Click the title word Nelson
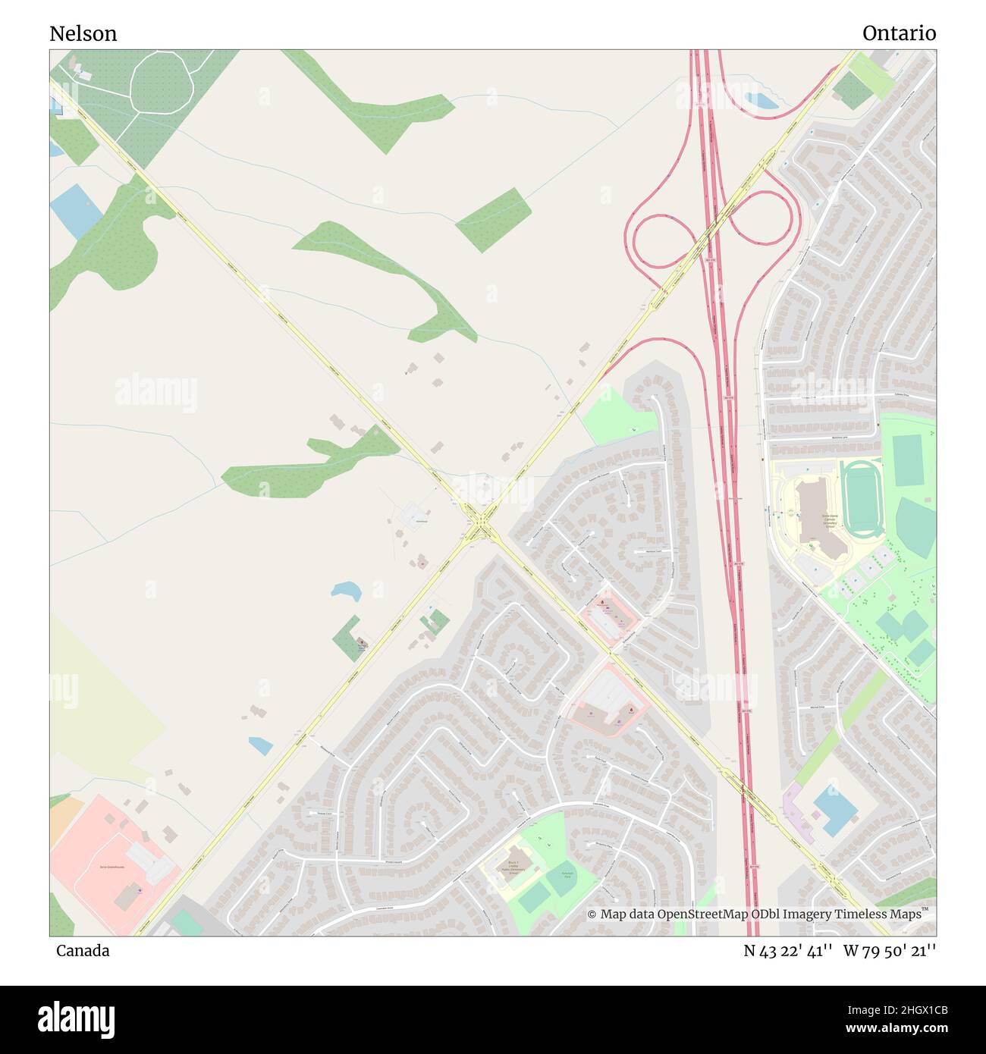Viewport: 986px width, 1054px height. (x=83, y=33)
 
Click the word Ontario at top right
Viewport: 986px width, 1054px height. (x=899, y=33)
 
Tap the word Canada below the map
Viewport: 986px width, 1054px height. (x=83, y=951)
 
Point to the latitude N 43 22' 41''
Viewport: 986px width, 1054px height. (x=789, y=951)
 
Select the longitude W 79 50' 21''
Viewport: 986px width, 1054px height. (x=890, y=951)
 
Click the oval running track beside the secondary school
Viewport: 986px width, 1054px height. (x=862, y=500)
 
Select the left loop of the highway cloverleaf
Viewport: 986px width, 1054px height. (x=661, y=241)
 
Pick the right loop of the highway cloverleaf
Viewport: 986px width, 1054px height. (x=763, y=217)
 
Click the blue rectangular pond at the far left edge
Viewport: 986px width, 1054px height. (x=75, y=209)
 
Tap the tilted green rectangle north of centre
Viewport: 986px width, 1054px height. (x=493, y=219)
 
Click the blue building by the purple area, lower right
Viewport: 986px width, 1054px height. (x=835, y=810)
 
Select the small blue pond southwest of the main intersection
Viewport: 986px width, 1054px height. (x=347, y=590)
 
